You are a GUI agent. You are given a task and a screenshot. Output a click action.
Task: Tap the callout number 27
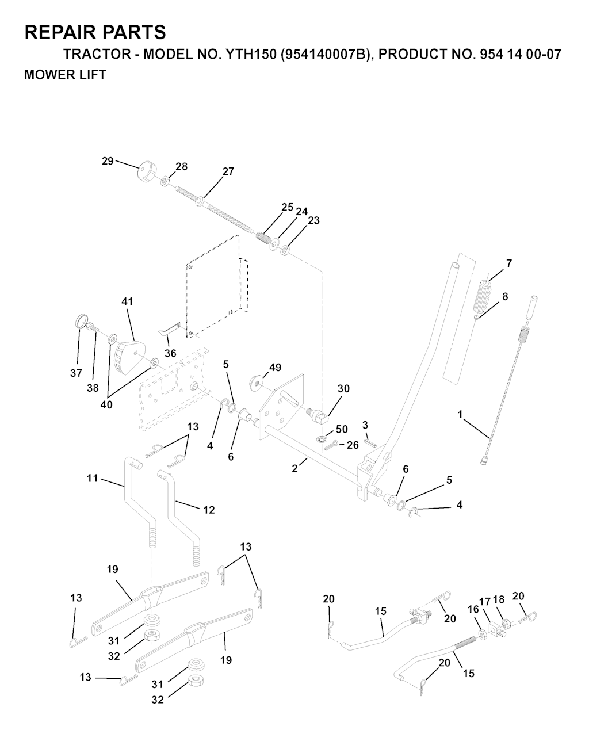[228, 171]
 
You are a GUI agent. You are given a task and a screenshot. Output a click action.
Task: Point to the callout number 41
[127, 301]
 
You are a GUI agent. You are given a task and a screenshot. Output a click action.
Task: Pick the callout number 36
[170, 353]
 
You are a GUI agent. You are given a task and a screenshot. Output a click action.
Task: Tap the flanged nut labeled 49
[257, 383]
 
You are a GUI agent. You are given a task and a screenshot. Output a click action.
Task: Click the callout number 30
[343, 389]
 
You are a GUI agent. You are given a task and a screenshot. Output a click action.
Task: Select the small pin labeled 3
[370, 444]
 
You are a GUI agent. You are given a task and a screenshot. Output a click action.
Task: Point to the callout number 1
[460, 414]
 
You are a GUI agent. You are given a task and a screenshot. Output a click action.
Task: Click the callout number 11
[92, 479]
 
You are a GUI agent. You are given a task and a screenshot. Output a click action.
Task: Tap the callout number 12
[209, 510]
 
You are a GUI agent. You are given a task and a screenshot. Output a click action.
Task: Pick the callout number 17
[485, 602]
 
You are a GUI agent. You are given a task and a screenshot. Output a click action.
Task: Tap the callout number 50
[342, 429]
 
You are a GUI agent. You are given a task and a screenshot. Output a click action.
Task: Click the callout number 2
[294, 468]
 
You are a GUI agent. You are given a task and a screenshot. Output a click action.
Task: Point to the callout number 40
[106, 404]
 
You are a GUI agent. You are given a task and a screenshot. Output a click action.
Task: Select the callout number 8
[505, 296]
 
